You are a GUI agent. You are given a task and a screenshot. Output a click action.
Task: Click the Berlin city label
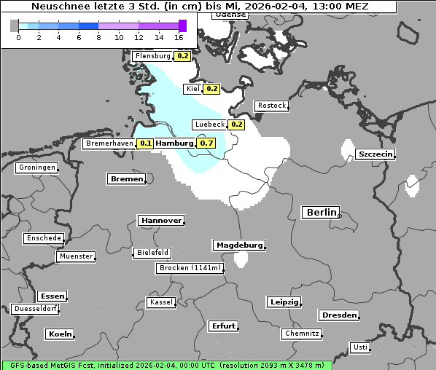321,213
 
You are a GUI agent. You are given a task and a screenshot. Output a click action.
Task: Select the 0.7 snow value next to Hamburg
206,143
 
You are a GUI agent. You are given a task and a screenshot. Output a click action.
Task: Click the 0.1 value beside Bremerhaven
146,143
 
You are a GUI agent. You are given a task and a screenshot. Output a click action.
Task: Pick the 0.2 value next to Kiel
211,89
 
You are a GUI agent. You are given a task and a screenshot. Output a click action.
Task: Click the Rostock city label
271,106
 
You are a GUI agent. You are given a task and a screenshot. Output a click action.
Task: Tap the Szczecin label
375,154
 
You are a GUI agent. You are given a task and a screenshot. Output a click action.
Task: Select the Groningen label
37,168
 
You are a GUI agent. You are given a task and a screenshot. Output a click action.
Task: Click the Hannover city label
160,220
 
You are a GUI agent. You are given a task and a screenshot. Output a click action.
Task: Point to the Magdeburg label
238,245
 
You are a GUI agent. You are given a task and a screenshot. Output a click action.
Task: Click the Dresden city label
338,315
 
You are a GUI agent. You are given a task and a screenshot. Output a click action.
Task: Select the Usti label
359,347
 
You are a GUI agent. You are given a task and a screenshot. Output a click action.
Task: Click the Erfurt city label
223,326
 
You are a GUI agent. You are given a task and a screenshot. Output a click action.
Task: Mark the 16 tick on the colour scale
179,37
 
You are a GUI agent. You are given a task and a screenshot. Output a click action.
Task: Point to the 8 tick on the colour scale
98,37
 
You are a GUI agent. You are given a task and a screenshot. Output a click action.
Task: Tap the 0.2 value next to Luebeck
236,124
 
